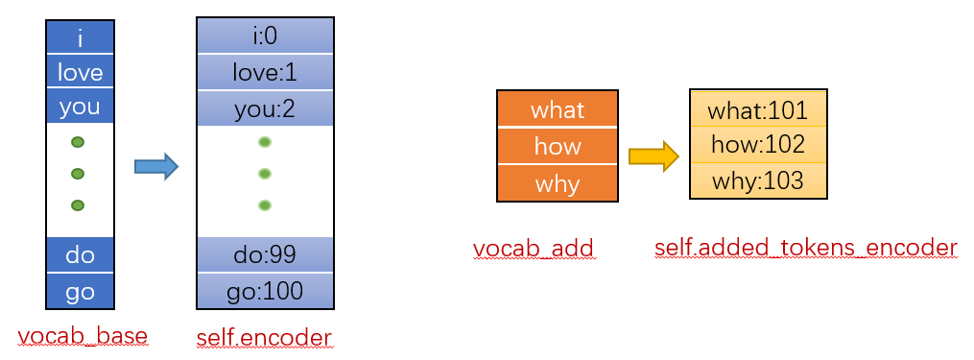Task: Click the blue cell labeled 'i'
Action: (x=80, y=38)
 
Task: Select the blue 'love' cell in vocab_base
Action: (x=80, y=71)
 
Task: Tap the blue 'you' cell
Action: (x=80, y=106)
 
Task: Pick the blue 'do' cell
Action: (x=80, y=254)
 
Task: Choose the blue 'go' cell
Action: (x=80, y=291)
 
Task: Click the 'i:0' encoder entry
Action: (x=265, y=36)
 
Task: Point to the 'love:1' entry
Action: (x=265, y=73)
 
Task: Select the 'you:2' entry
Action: (x=265, y=108)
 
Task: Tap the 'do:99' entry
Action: (x=265, y=254)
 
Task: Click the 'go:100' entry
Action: (x=265, y=291)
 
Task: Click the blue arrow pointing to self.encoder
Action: (x=156, y=166)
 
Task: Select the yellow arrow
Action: (x=654, y=156)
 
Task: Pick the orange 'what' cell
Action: (x=558, y=108)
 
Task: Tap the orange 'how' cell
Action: (x=558, y=146)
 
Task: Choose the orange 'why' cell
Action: (x=558, y=183)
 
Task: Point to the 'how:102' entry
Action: (x=758, y=144)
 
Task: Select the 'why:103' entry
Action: (x=758, y=180)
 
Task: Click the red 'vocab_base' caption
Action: (x=83, y=336)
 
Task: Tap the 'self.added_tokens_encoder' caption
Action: (x=806, y=248)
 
